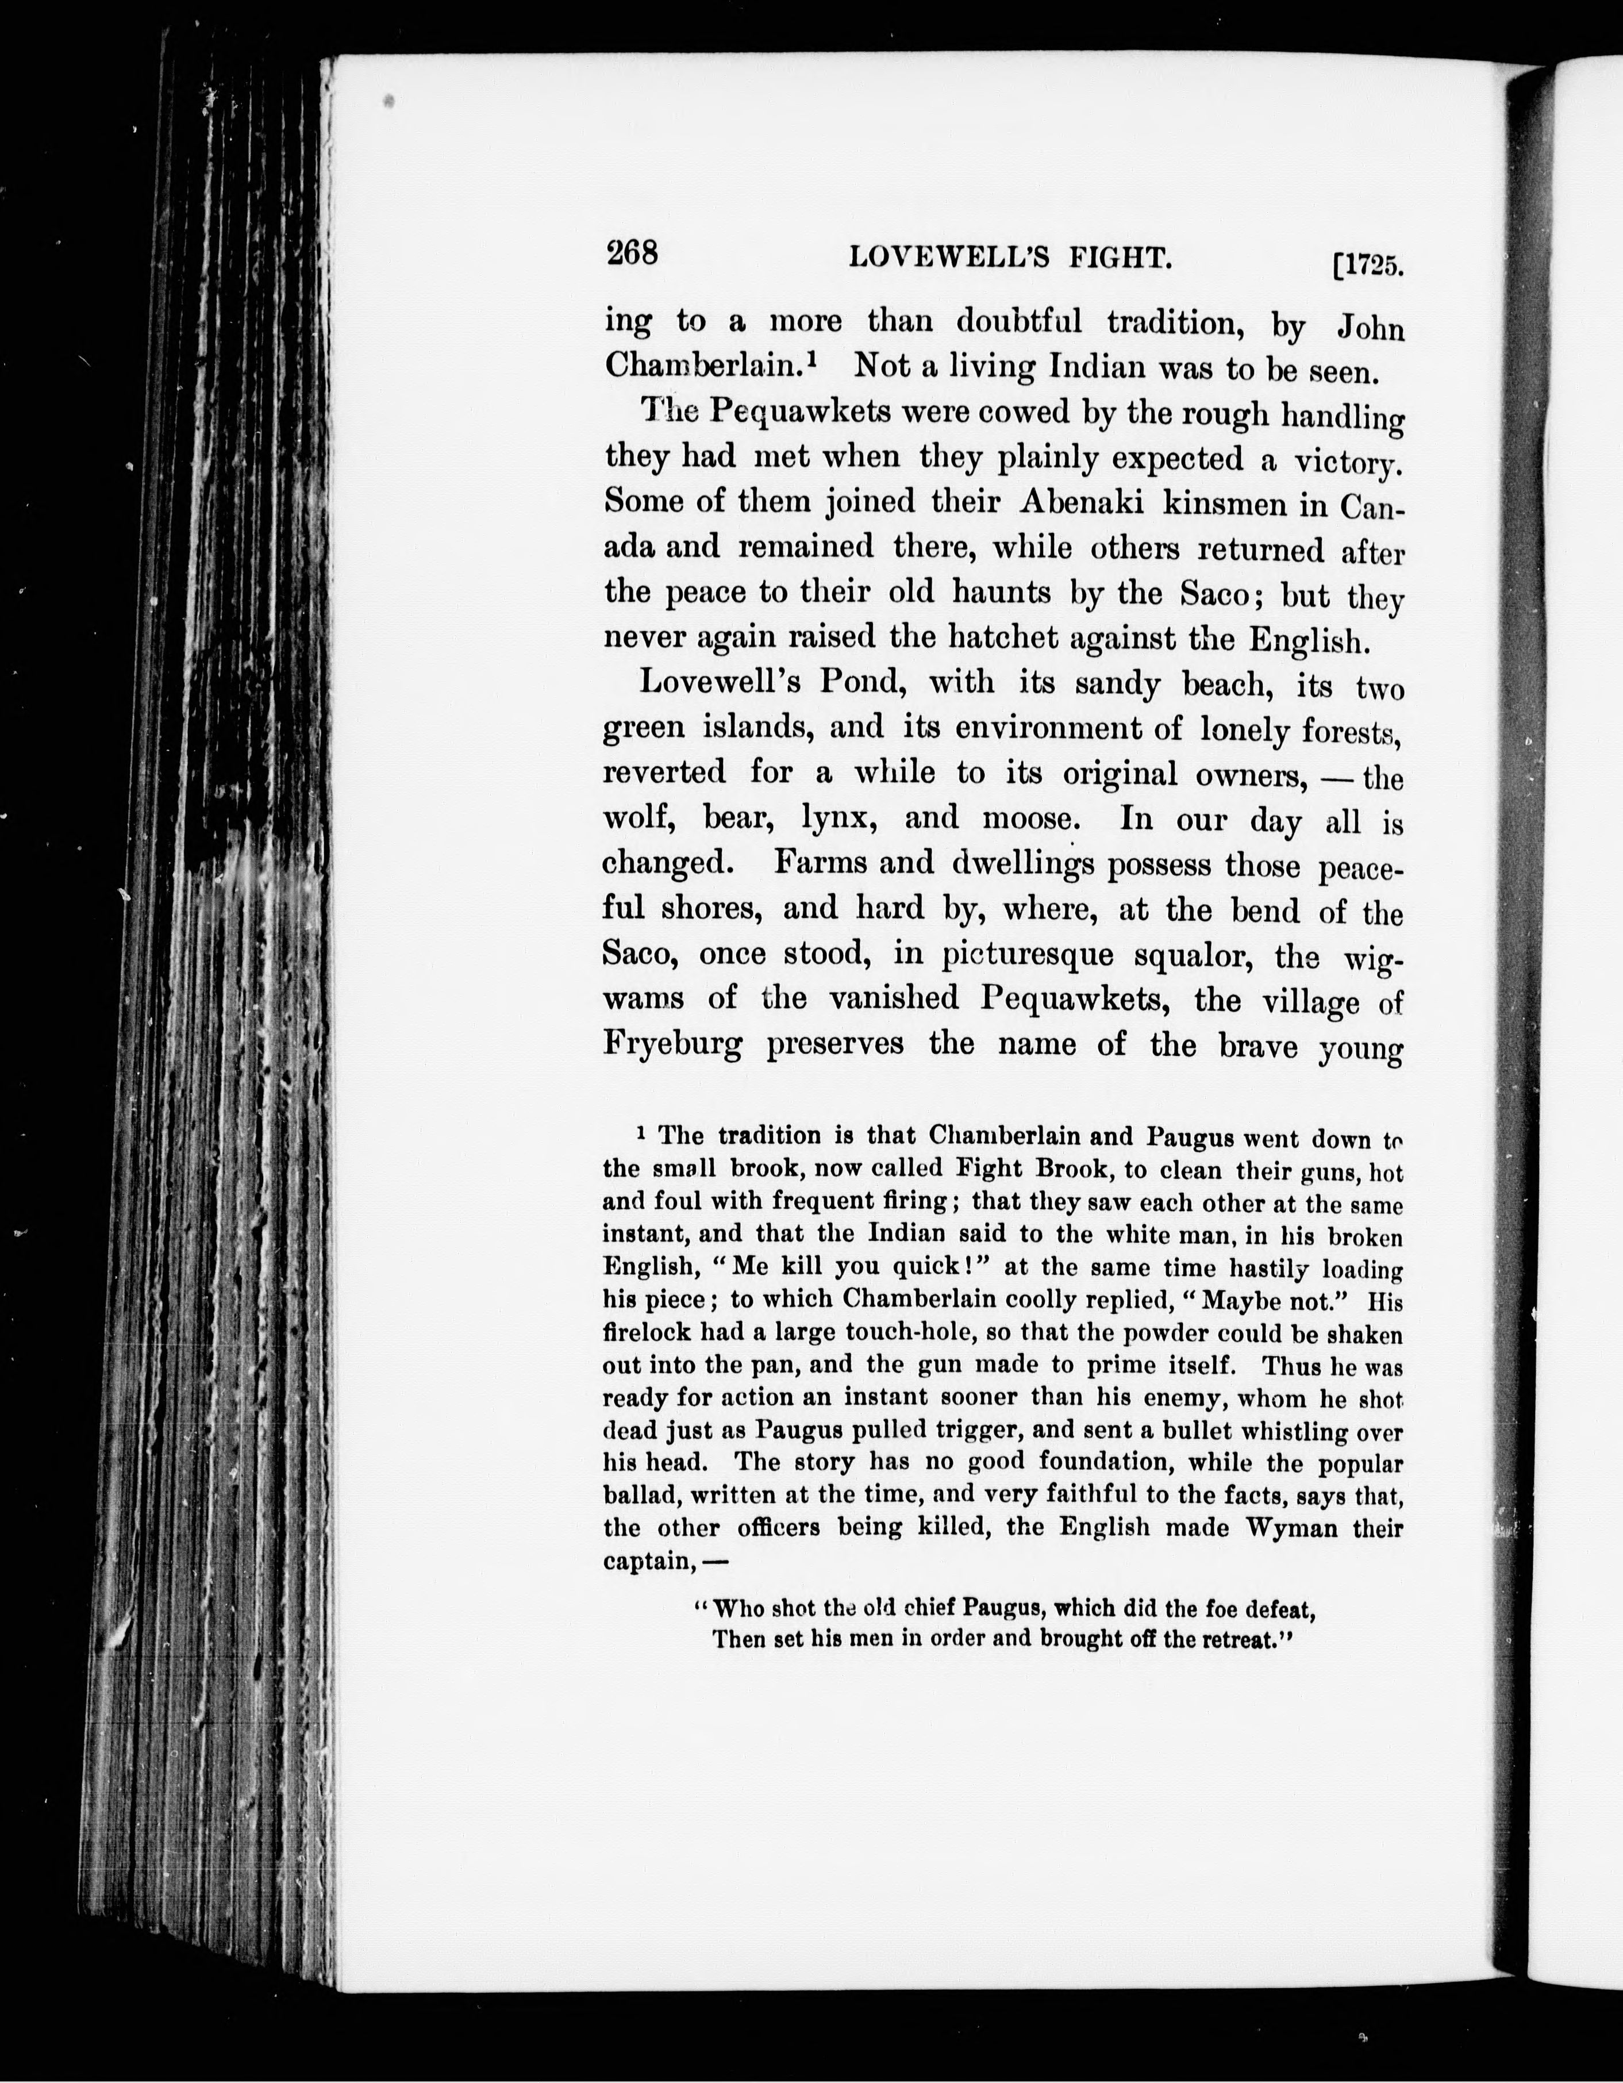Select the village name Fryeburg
(673, 1043)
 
